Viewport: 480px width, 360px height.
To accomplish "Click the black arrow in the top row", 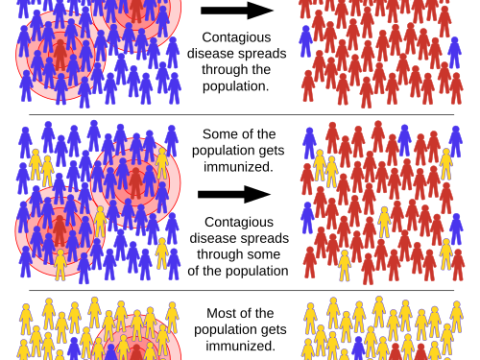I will point(238,11).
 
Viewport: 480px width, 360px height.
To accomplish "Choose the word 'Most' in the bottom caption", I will point(221,313).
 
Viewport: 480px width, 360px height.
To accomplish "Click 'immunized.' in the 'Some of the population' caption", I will point(238,165).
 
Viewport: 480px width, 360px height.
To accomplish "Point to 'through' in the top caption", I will point(226,70).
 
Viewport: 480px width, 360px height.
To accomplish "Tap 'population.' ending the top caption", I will point(238,86).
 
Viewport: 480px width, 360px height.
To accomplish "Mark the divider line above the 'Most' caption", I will point(240,291).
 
